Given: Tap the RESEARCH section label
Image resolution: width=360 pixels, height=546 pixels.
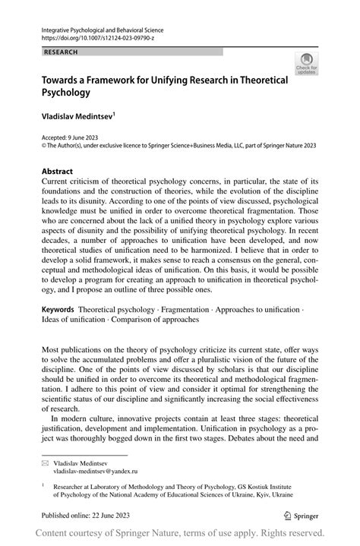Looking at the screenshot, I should (62, 52).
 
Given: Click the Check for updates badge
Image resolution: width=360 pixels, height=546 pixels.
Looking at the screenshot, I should (308, 63).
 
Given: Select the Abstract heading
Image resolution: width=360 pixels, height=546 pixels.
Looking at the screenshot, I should (57, 172).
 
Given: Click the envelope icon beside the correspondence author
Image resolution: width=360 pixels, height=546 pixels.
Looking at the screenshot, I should (45, 462).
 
